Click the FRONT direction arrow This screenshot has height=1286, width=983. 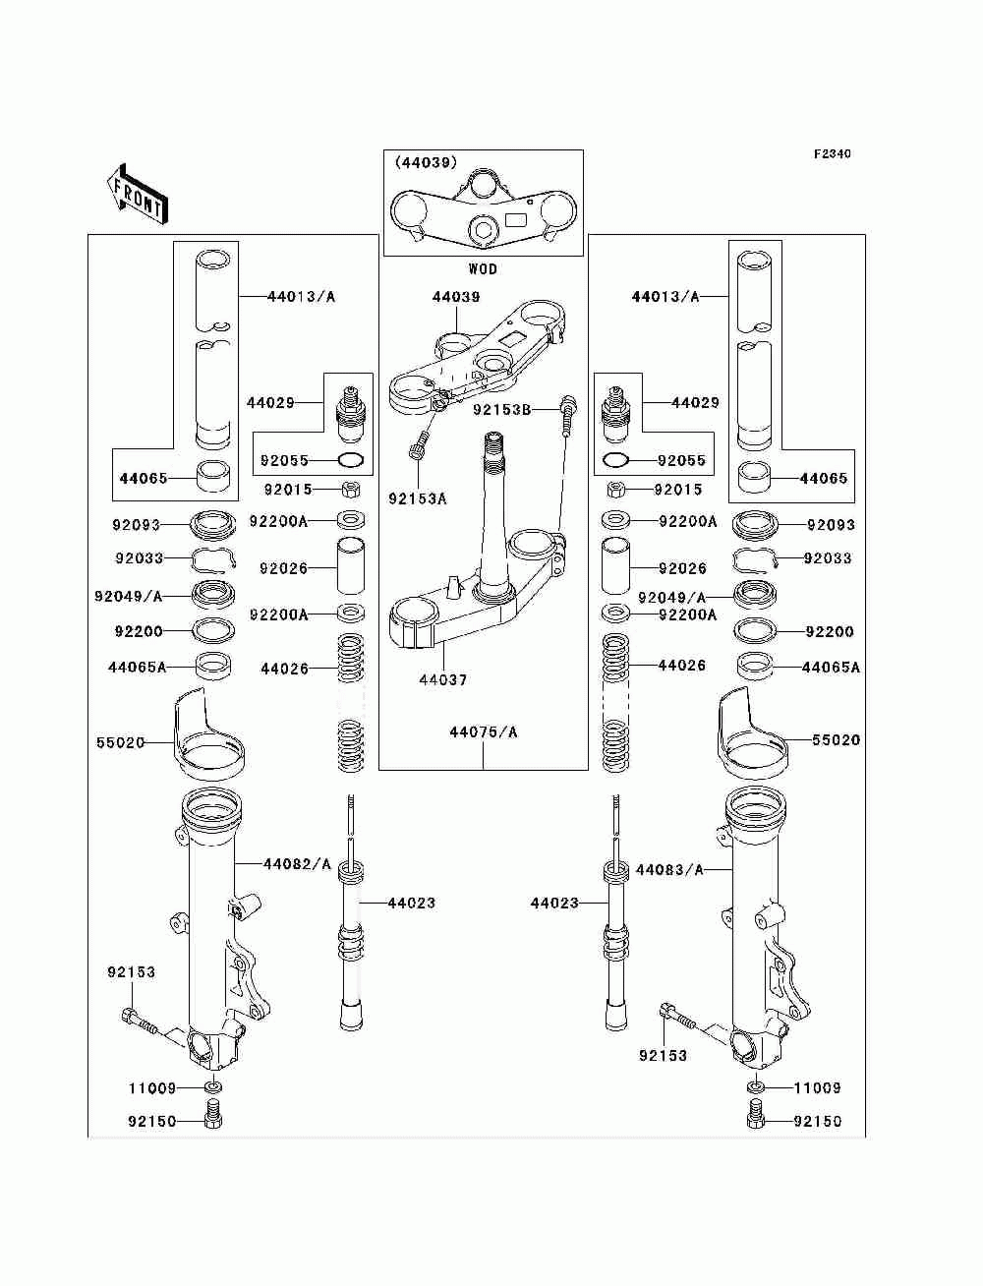(x=137, y=194)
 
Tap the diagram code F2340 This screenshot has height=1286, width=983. (x=832, y=154)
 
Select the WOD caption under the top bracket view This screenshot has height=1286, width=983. (x=482, y=269)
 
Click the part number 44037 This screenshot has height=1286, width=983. (x=443, y=679)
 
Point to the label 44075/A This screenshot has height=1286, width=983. (x=484, y=731)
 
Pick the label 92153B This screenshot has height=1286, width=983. (x=501, y=410)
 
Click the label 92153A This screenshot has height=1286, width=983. (x=417, y=498)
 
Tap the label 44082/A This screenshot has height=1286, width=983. (x=297, y=864)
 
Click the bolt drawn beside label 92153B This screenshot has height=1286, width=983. (x=567, y=417)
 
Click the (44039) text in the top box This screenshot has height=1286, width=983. (x=426, y=163)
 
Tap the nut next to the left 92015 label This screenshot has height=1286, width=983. (x=350, y=489)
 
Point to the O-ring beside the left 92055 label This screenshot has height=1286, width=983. (x=353, y=460)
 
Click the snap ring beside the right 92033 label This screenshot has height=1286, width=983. (x=756, y=560)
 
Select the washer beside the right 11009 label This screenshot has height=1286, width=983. (x=755, y=1087)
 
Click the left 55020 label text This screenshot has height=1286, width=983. (x=120, y=743)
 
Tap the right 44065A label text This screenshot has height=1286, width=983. (x=831, y=668)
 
